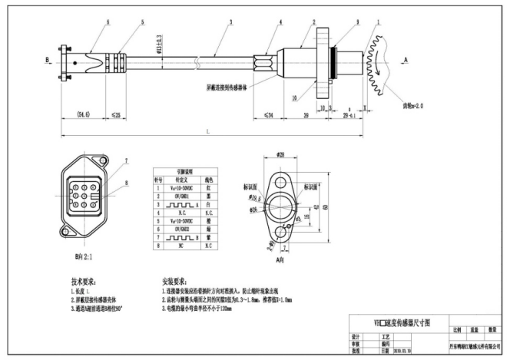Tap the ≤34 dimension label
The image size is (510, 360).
269,116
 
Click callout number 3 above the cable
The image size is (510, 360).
230,24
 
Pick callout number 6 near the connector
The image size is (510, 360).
87,23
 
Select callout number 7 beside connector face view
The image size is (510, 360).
127,161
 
